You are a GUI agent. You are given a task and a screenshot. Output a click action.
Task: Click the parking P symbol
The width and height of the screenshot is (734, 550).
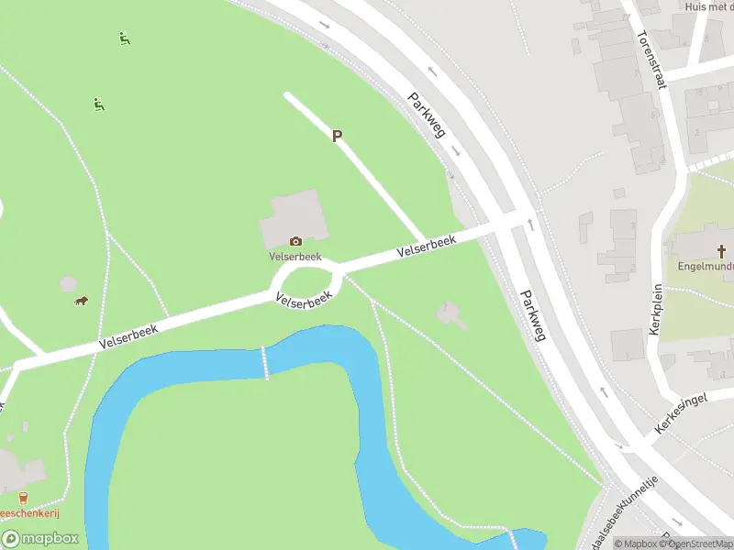(x=337, y=136)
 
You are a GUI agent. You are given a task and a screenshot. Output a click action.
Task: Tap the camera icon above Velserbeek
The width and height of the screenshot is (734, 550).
(x=295, y=241)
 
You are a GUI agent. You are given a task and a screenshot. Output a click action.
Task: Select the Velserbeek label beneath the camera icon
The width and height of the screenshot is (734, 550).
(x=295, y=256)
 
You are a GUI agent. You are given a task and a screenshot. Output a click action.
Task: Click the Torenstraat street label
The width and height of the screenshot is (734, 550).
(x=650, y=59)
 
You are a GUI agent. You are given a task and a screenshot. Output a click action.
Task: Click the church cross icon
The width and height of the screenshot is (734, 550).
(x=721, y=250)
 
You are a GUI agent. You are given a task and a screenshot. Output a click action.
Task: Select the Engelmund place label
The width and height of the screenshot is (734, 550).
(x=705, y=267)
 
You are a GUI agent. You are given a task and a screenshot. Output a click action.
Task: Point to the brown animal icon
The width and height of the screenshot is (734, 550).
(x=81, y=301)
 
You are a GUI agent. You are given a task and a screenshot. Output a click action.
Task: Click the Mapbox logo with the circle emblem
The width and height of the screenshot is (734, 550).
(x=39, y=539)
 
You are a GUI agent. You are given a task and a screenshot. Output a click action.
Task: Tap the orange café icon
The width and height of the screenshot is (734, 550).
(x=23, y=497)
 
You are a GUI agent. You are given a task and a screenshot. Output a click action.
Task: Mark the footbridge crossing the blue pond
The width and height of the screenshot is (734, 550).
(x=266, y=361)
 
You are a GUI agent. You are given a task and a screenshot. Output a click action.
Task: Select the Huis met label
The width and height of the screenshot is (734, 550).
(x=708, y=6)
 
